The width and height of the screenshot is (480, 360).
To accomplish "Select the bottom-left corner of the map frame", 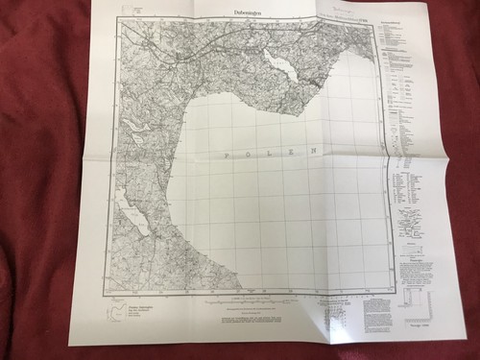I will coord(108,290).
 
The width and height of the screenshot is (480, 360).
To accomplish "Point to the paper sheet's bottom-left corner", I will coord(70,345).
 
